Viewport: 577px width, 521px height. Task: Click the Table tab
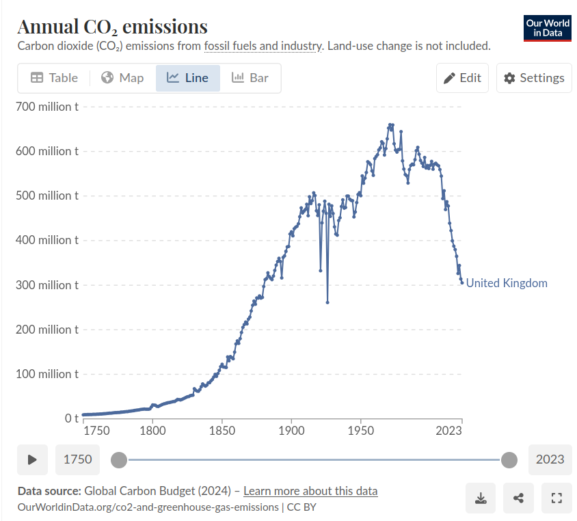(55, 78)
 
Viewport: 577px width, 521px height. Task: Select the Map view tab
(122, 78)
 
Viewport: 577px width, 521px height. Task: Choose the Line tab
(188, 78)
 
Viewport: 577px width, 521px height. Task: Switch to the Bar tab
(250, 78)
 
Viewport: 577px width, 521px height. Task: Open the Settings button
(534, 78)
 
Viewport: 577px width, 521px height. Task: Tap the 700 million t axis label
(47, 107)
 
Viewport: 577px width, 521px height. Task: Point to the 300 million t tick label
(47, 285)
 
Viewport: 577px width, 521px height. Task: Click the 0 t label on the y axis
(72, 418)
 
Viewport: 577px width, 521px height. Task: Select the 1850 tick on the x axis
(222, 431)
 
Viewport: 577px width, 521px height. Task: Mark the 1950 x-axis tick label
(361, 431)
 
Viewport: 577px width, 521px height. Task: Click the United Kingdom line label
(507, 283)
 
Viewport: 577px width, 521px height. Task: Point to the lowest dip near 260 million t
(327, 302)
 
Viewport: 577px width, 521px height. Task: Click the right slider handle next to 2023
(509, 459)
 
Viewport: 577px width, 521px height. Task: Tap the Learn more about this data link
(310, 491)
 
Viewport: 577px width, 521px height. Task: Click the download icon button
(481, 498)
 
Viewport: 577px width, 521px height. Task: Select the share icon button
(518, 498)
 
